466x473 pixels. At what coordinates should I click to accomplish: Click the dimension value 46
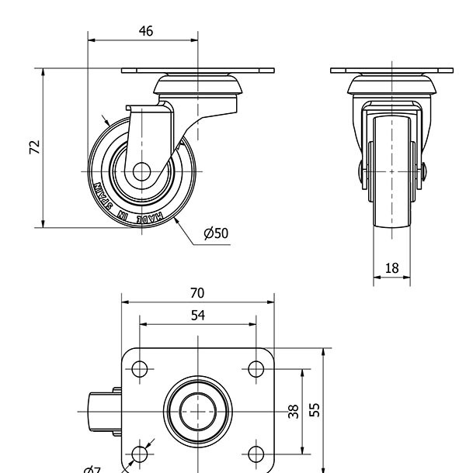click(145, 31)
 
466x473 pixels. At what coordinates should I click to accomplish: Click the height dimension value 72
click(34, 147)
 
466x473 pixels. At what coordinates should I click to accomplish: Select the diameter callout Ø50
click(216, 233)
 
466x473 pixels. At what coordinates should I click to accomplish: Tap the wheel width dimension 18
click(391, 268)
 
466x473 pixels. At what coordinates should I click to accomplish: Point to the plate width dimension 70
click(197, 292)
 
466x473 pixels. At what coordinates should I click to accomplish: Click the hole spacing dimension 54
click(197, 315)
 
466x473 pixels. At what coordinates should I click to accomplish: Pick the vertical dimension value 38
click(294, 411)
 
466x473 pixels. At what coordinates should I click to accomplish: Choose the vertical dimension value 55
click(315, 409)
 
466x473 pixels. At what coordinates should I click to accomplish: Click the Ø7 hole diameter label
click(92, 468)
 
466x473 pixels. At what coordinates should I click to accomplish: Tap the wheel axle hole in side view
click(141, 171)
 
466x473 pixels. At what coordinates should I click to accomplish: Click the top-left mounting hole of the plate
click(140, 368)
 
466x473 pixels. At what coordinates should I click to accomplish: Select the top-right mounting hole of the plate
click(256, 368)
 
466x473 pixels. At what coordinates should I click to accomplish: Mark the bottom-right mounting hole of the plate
click(256, 453)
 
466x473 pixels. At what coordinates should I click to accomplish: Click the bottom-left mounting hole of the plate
click(140, 453)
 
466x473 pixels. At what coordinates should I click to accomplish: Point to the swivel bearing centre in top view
click(198, 410)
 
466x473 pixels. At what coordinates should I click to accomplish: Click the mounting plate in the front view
click(391, 71)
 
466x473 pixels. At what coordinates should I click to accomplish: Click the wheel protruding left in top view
click(98, 410)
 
